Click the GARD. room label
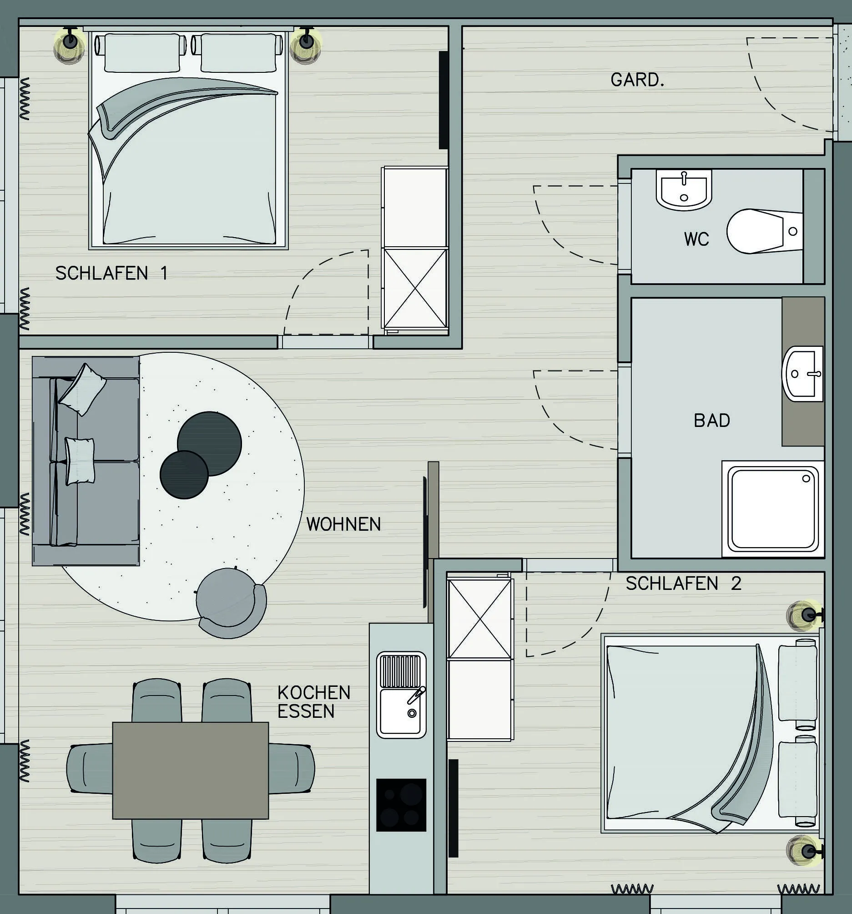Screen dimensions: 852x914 click(x=637, y=80)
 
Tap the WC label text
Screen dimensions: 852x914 click(x=696, y=239)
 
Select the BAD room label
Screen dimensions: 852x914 click(x=712, y=420)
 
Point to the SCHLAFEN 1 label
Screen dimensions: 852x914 click(x=111, y=273)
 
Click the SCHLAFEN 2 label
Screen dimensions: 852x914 click(x=683, y=584)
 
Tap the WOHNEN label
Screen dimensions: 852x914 click(x=343, y=524)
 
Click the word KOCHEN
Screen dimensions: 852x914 click(x=314, y=692)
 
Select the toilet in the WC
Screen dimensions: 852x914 click(x=764, y=231)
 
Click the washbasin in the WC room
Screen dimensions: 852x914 click(x=684, y=189)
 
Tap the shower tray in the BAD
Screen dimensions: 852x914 click(x=773, y=509)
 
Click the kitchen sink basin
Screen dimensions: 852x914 click(x=401, y=712)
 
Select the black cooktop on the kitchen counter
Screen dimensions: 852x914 click(x=401, y=805)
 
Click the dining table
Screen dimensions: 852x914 click(x=190, y=771)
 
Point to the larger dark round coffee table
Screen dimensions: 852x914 click(x=210, y=444)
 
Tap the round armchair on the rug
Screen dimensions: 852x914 click(x=231, y=603)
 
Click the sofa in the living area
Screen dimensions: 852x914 click(x=86, y=461)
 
